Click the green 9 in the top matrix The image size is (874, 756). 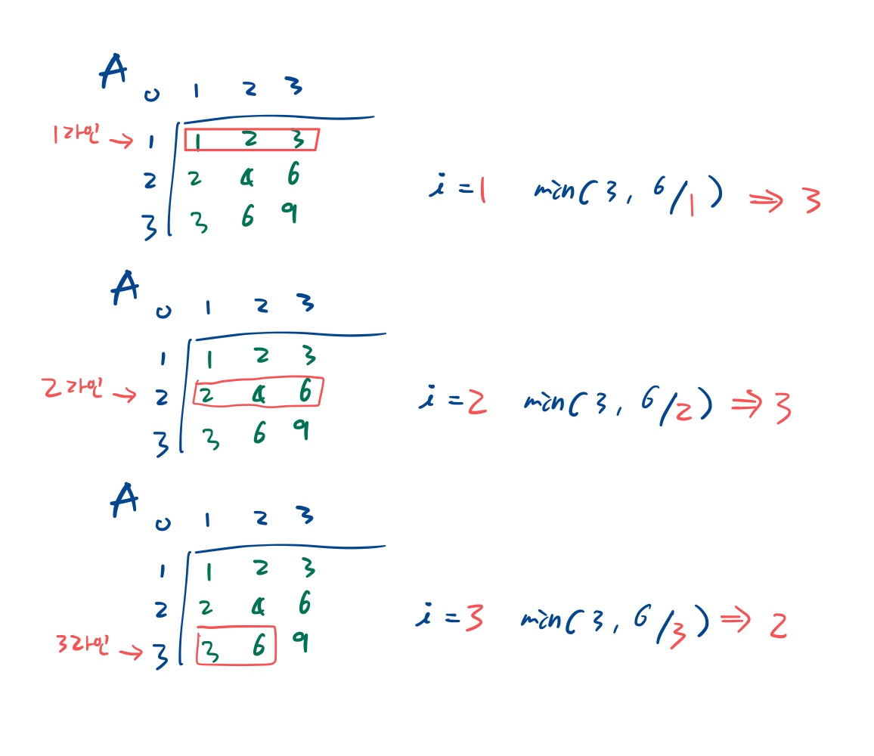288,214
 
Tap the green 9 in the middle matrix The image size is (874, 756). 300,431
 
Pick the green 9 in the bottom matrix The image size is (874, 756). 300,643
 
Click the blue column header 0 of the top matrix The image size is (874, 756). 151,94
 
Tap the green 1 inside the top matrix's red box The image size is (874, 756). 195,141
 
